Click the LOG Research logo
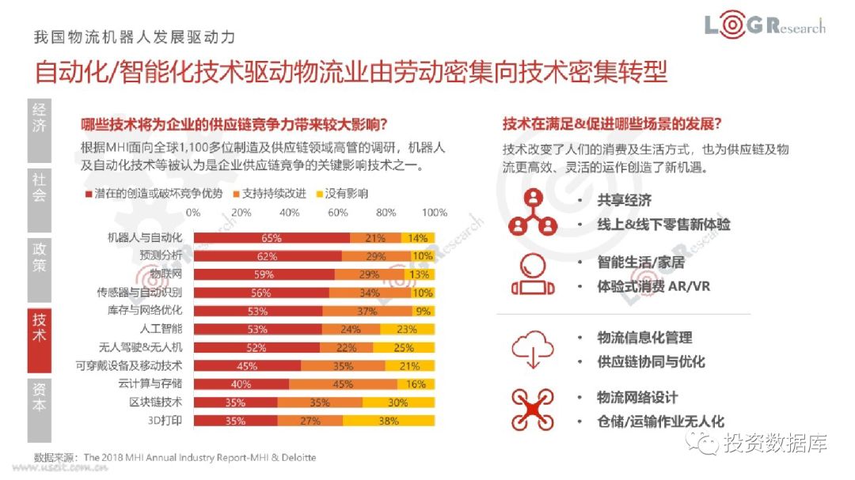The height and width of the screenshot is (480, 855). [764, 26]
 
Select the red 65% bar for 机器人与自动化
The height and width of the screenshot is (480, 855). [272, 238]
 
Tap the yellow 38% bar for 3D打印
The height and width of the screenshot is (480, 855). [389, 421]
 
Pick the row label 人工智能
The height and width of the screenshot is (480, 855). [161, 329]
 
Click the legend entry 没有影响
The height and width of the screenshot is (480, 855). [341, 194]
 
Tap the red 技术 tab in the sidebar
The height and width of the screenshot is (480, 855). [39, 326]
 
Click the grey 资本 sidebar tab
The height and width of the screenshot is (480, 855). [39, 398]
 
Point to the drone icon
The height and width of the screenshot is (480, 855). [532, 410]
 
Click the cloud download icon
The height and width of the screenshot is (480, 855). [532, 350]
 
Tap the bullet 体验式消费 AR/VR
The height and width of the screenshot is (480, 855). [653, 286]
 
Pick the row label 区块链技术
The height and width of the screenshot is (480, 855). [156, 403]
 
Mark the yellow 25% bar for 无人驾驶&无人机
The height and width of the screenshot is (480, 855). [405, 348]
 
